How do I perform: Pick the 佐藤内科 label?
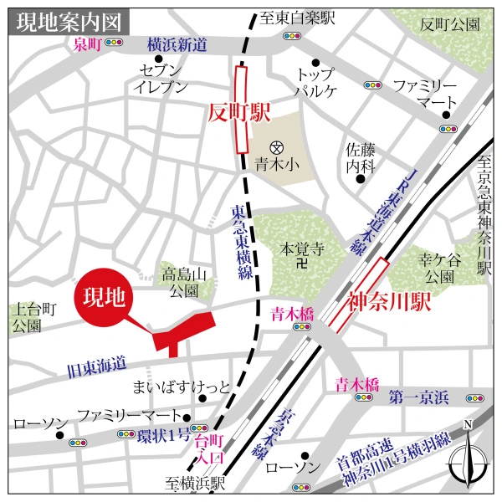pyautogui.click(x=359, y=156)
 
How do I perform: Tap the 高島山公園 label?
pyautogui.click(x=181, y=281)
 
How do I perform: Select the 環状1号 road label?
pyautogui.click(x=163, y=436)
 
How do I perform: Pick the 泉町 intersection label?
pyautogui.click(x=86, y=45)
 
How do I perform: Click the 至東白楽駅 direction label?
pyautogui.click(x=297, y=18)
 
